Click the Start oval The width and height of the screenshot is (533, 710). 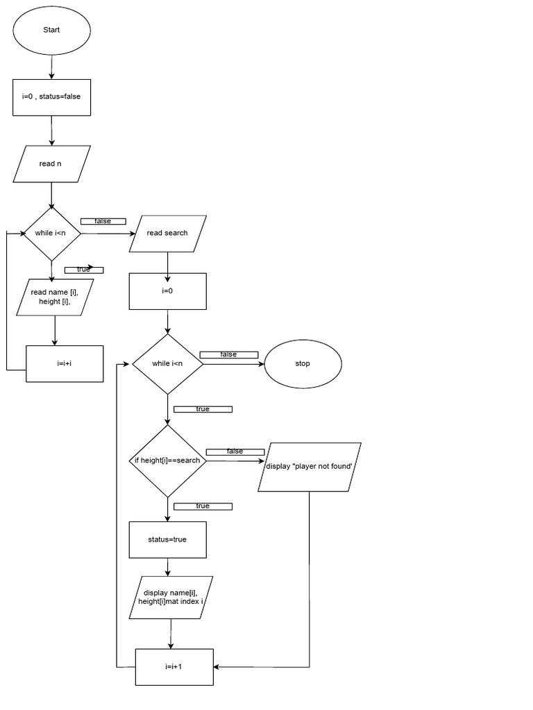pos(51,30)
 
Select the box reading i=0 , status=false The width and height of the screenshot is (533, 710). pos(51,96)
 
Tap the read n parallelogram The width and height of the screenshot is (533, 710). pos(51,164)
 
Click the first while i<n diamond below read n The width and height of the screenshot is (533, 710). pos(51,234)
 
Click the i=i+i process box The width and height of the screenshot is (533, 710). pos(65,363)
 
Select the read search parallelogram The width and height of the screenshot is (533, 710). pos(167,233)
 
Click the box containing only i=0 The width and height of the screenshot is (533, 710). pos(167,291)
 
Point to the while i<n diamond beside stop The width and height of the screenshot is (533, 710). pos(167,364)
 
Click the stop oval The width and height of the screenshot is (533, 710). pos(303,364)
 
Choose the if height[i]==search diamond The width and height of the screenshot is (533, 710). pos(167,461)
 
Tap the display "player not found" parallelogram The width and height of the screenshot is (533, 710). pos(310,467)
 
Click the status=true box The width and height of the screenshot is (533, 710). pos(167,539)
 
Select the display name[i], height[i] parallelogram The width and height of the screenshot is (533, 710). pos(171,598)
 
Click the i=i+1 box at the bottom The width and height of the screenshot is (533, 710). pos(174,666)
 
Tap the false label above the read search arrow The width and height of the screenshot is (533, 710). pos(103,221)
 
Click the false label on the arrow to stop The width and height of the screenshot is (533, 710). pos(228,355)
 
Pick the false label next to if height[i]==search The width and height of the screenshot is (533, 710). pos(235,452)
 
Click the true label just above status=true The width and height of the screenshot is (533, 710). pos(203,506)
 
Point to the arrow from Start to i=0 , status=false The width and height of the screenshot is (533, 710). pos(51,67)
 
